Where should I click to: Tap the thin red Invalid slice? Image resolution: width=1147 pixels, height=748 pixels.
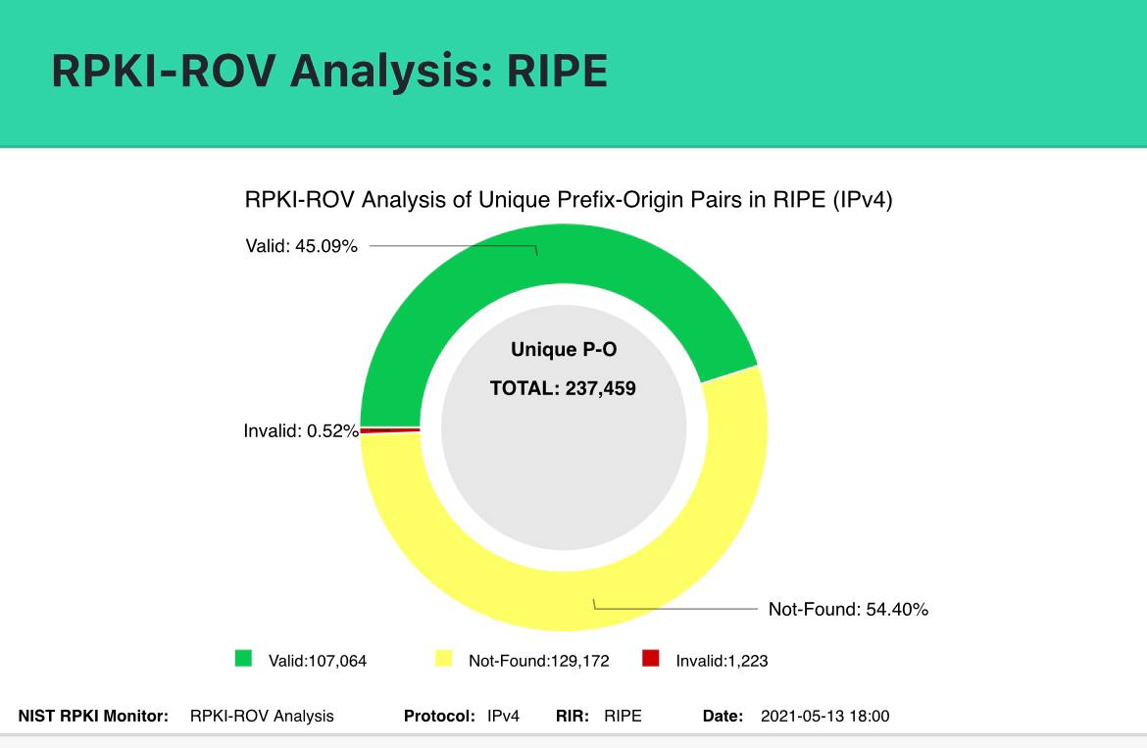390,430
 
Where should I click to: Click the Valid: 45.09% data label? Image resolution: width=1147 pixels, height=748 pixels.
301,246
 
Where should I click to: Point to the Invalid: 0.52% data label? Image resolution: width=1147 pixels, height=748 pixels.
301,431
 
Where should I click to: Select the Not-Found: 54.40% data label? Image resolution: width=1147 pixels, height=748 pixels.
848,609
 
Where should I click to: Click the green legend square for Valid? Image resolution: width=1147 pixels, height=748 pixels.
243,658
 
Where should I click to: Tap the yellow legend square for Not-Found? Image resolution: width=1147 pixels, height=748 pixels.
443,658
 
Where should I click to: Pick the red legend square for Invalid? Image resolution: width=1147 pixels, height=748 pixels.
650,658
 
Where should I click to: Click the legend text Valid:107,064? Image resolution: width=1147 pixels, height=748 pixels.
318,661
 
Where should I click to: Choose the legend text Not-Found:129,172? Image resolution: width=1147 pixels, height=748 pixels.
539,661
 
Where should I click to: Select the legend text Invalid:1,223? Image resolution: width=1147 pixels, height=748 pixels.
722,661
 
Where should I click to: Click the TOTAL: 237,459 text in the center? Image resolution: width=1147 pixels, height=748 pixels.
564,388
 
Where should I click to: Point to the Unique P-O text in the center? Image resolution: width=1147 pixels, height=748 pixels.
564,350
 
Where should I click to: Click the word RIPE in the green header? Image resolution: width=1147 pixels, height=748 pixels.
557,71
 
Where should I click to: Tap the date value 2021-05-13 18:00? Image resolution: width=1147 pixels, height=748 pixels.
825,716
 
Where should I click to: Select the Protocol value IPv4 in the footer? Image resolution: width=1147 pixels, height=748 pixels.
503,716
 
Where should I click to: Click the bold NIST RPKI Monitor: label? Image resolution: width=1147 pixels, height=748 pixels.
94,716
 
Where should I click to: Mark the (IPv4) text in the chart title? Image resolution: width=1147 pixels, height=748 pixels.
863,200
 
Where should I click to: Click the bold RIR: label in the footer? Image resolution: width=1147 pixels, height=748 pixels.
573,716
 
